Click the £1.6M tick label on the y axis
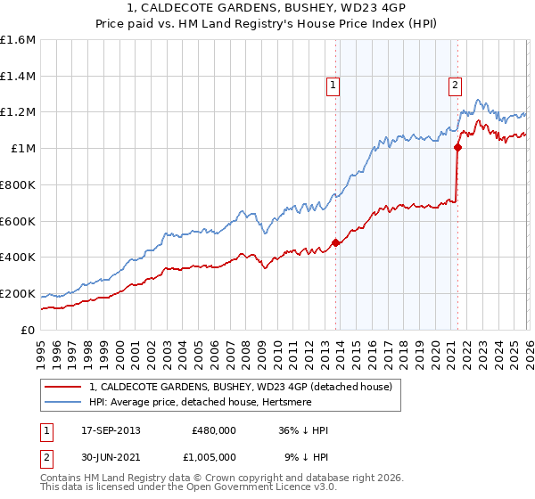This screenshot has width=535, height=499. (19, 40)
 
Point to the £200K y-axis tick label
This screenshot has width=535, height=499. (18, 293)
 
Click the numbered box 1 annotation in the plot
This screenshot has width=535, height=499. (333, 86)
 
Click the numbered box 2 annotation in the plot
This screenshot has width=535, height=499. (455, 86)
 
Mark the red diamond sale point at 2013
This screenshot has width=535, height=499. (335, 242)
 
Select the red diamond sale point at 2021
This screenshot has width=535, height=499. (457, 148)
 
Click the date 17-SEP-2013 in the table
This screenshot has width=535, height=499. (111, 430)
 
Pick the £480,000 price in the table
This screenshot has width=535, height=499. (213, 430)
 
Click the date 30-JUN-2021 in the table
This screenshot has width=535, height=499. (111, 456)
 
